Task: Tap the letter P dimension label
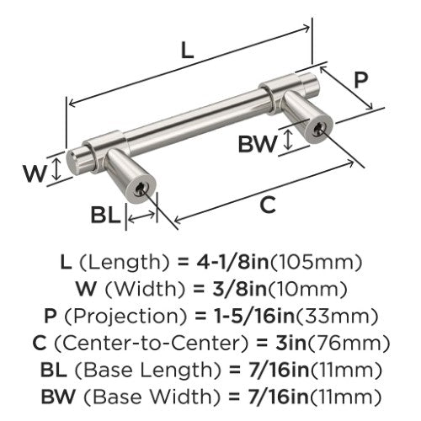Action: point(360,80)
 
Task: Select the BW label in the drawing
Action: point(257,144)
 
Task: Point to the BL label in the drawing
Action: point(105,215)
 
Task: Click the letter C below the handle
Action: point(268,205)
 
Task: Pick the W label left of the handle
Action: point(35,174)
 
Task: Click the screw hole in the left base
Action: point(140,190)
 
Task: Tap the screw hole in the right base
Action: point(318,130)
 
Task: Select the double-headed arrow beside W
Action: point(57,168)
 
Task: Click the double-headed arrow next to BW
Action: point(288,141)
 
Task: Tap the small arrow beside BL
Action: point(141,217)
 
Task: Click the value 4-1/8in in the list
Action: point(232,262)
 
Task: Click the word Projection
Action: point(125,317)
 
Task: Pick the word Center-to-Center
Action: point(150,344)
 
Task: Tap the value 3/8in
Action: point(239,289)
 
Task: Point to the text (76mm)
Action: point(349,344)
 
